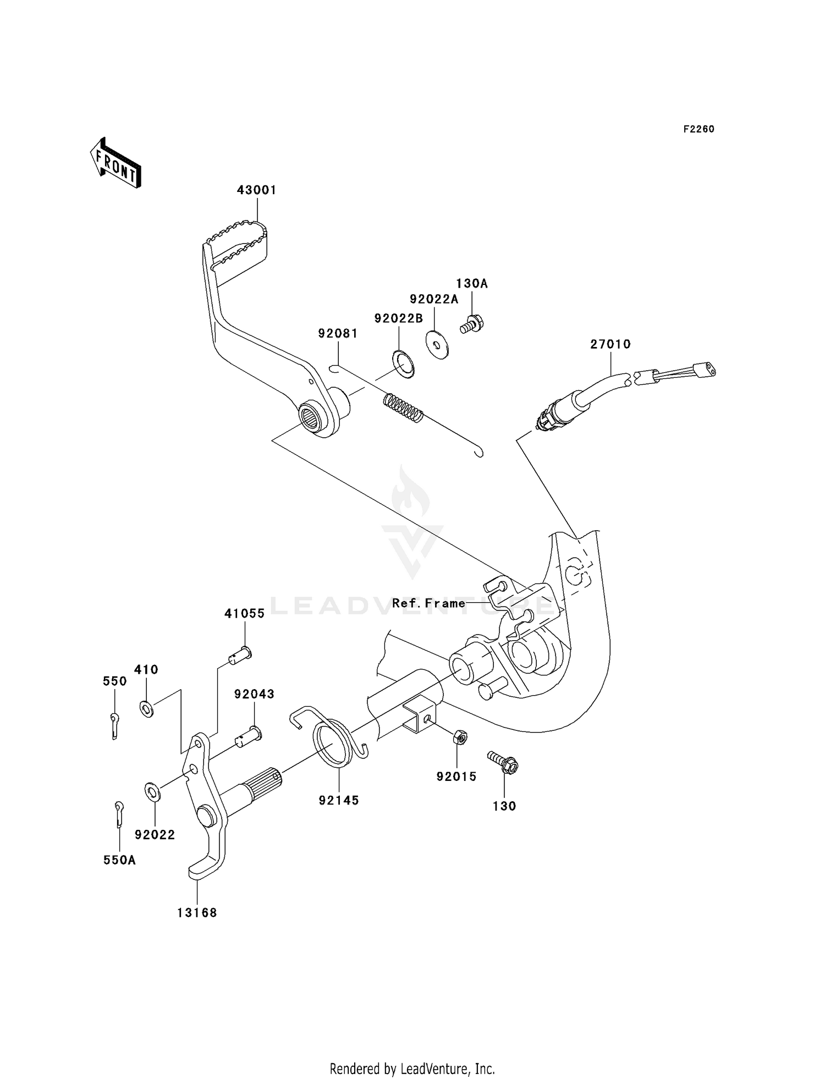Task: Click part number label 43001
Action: [256, 190]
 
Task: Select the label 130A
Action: [471, 284]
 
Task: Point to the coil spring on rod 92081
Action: [404, 408]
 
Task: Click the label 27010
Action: [610, 344]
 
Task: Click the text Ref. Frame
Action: [428, 603]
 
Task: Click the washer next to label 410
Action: [146, 709]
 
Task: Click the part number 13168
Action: [197, 913]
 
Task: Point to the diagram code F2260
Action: [698, 129]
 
